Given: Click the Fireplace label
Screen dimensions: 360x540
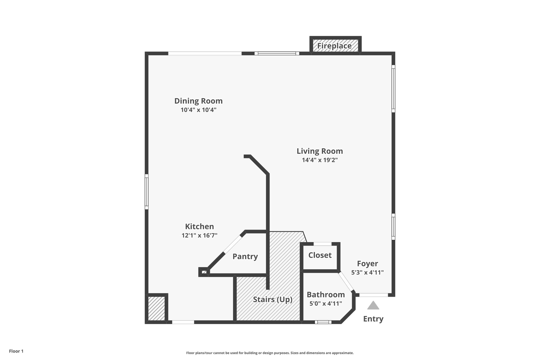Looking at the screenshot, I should tap(334, 46).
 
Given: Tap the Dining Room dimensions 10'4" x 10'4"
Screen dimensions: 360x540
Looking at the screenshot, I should tap(198, 110).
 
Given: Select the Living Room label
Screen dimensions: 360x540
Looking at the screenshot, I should tap(320, 151).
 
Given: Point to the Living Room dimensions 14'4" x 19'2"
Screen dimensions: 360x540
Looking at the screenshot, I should tap(320, 160).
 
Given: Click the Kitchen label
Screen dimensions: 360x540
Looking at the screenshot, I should tap(199, 227).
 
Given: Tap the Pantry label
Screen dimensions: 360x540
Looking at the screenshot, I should tap(245, 256).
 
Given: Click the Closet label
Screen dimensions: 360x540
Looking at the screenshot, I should tap(320, 255).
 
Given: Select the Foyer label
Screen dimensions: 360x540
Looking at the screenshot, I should tap(367, 263).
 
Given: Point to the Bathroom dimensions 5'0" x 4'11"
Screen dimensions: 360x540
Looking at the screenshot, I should tap(326, 304).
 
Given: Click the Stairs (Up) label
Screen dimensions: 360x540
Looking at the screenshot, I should tap(273, 299).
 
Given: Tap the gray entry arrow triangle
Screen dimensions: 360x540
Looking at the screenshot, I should tap(373, 306).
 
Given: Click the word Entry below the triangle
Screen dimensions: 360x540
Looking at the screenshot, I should tap(373, 319).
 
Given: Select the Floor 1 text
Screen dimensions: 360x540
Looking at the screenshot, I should tap(16, 351).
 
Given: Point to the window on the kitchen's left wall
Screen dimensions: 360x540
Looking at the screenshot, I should tap(147, 192).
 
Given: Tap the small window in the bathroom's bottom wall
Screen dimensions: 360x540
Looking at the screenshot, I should tap(323, 322).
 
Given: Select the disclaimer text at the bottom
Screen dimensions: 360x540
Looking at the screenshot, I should tap(270, 353).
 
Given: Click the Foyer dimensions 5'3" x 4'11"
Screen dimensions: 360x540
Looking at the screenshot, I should tap(367, 272).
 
